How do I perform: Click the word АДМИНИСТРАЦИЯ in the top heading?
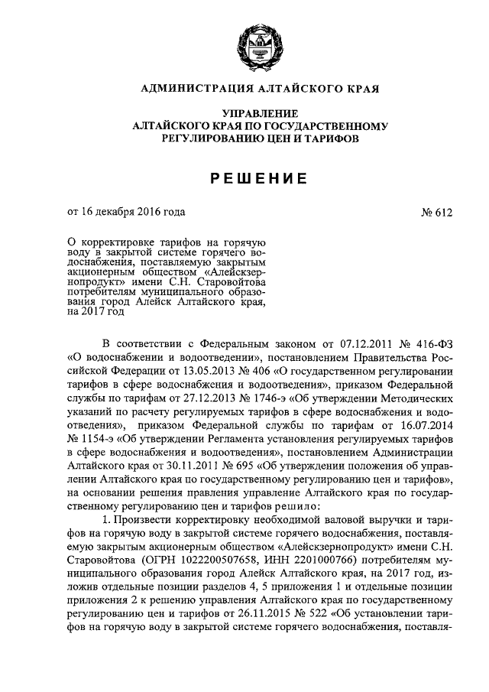click(x=191, y=90)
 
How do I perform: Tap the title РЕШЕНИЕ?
click(x=260, y=178)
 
